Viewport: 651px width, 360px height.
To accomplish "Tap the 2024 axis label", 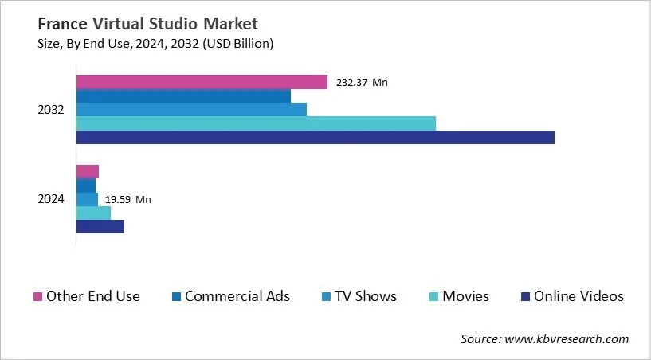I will (51, 199).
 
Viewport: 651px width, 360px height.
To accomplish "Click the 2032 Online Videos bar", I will (315, 137).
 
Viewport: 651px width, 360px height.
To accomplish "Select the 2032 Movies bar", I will (256, 123).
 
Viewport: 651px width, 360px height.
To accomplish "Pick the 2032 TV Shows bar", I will (191, 110).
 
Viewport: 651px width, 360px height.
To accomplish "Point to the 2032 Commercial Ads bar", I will (183, 96).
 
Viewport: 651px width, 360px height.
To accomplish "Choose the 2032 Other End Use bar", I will (202, 82).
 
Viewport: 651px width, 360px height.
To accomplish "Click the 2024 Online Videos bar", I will (100, 226).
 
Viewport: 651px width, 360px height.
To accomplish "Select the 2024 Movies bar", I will (93, 213).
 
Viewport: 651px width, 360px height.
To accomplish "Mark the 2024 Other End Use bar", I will (88, 171).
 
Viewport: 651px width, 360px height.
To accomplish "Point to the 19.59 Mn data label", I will (127, 199).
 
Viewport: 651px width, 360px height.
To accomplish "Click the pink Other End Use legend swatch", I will (37, 297).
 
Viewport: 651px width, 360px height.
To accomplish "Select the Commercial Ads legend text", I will (237, 296).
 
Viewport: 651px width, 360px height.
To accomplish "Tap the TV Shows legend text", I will (365, 296).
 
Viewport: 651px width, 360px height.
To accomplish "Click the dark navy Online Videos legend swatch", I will (524, 297).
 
